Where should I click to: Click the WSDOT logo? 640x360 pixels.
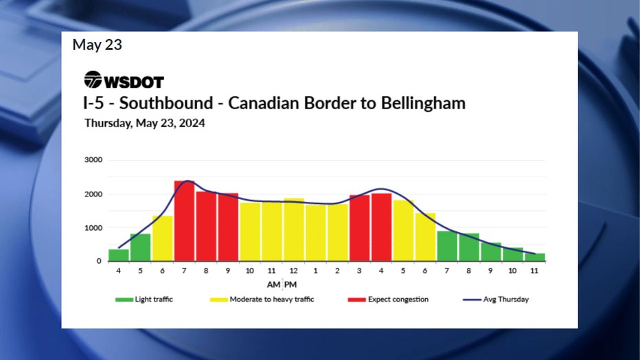pyautogui.click(x=124, y=80)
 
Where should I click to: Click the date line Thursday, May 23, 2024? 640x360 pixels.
pyautogui.click(x=144, y=124)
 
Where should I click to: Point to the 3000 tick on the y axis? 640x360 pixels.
pyautogui.click(x=93, y=160)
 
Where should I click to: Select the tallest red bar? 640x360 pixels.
pyautogui.click(x=184, y=221)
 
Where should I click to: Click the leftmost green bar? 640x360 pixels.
pyautogui.click(x=118, y=255)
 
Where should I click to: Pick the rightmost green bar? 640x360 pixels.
pyautogui.click(x=536, y=257)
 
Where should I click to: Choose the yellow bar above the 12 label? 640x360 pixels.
pyautogui.click(x=294, y=229)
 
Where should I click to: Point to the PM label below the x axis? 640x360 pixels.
pyautogui.click(x=291, y=284)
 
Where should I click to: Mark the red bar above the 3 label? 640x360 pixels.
pyautogui.click(x=360, y=227)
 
